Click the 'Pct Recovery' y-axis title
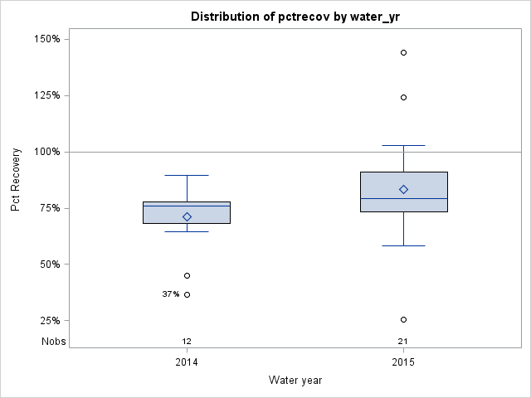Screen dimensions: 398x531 [x=16, y=180]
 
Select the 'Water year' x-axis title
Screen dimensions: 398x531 [x=295, y=380]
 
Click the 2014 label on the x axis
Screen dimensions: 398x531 [x=187, y=362]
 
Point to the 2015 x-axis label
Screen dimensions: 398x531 [x=403, y=362]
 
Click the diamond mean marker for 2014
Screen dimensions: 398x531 [x=187, y=216]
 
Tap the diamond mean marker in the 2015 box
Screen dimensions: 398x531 [x=403, y=189]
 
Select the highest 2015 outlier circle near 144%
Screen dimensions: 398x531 [x=403, y=52]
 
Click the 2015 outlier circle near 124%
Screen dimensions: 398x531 [x=403, y=97]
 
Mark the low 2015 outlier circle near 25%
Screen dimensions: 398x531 [x=403, y=319]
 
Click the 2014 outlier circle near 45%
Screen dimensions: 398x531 [x=187, y=275]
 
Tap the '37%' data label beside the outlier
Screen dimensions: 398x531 [x=170, y=294]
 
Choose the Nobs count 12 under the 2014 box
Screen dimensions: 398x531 [x=187, y=341]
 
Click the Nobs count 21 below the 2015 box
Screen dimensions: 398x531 [x=403, y=341]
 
